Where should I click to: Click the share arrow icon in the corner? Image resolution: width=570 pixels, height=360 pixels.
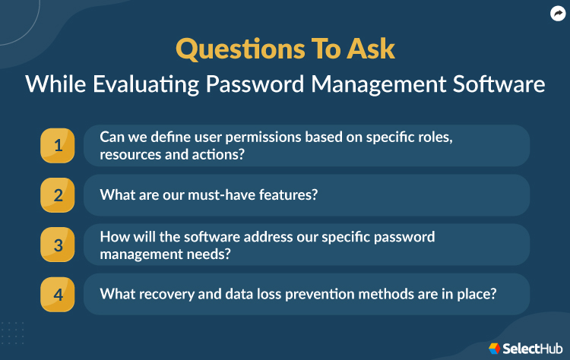click(x=556, y=13)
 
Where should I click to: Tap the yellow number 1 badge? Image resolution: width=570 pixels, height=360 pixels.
click(x=58, y=146)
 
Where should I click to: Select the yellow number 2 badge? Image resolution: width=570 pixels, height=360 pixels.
click(x=58, y=195)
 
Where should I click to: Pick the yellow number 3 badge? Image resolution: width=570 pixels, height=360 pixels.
click(x=58, y=245)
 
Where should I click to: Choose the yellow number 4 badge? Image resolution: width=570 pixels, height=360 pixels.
click(x=58, y=294)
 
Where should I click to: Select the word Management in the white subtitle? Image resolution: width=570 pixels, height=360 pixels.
click(x=369, y=84)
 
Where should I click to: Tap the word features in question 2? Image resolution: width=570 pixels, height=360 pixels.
click(x=288, y=195)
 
